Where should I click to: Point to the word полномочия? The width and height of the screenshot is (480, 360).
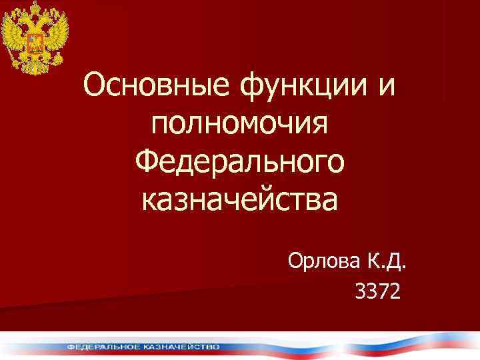239,125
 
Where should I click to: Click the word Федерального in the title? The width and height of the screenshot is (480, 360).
239,162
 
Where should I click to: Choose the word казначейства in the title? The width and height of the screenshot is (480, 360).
239,199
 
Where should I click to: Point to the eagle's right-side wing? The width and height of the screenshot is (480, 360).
56,37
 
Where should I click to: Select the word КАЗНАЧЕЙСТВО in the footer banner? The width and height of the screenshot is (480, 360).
181,347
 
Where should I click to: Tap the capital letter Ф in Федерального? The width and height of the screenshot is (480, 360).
147,162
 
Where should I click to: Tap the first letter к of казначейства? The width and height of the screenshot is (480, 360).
149,199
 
